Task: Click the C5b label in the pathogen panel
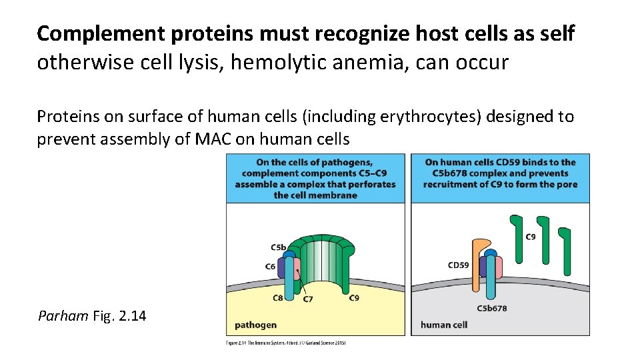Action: [x=278, y=247]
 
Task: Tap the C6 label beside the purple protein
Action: [x=270, y=267]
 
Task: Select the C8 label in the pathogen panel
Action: [x=278, y=298]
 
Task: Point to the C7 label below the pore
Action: [x=308, y=299]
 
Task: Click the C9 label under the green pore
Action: [x=354, y=298]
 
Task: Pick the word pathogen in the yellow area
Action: [x=255, y=325]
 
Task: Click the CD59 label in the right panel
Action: [x=459, y=265]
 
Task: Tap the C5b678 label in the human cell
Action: [x=491, y=308]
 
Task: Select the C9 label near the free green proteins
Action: [x=531, y=237]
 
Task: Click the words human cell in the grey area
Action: [x=444, y=325]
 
